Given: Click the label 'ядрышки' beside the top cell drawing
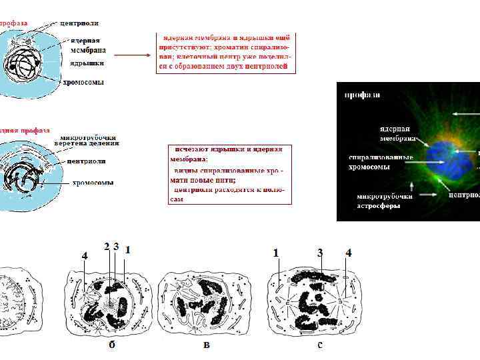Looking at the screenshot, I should point(87,63).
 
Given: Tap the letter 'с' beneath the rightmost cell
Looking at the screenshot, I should point(320,345).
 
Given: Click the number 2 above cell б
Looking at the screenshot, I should point(107,246).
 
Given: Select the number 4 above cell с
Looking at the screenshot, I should point(348,253).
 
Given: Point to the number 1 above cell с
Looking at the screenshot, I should point(275,253).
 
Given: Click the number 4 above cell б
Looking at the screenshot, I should point(84,255).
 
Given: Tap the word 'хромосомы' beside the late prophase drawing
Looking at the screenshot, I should point(93,182).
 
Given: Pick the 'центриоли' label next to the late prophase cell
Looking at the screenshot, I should point(87,161).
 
